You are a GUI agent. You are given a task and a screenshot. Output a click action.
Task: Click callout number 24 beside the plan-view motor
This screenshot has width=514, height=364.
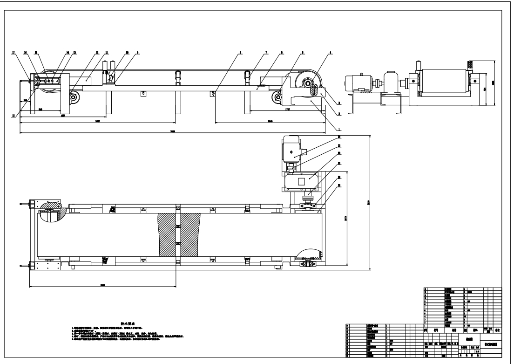[339, 137]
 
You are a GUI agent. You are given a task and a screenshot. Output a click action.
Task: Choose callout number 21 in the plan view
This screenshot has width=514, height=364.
[339, 177]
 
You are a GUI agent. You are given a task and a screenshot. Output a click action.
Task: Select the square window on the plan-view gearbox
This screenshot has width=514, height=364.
[301, 181]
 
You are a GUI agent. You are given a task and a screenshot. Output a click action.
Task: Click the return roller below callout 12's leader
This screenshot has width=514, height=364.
[73, 97]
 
